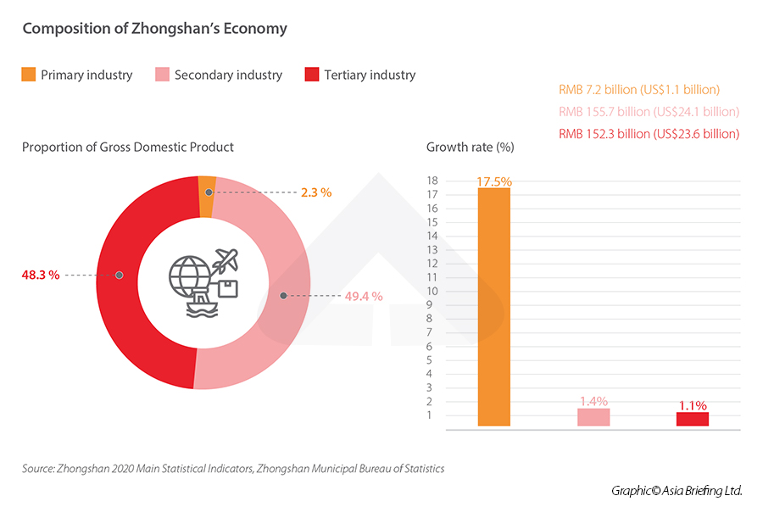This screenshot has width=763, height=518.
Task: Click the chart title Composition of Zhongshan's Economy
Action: (154, 29)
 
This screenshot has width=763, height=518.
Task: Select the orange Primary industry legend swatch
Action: (29, 75)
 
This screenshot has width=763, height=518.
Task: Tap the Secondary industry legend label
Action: (228, 75)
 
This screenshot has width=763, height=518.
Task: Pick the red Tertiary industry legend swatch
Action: (310, 75)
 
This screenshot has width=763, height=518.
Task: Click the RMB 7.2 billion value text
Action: (638, 90)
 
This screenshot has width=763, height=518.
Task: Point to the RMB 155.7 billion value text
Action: (649, 112)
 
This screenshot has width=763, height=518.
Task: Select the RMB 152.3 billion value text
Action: (649, 134)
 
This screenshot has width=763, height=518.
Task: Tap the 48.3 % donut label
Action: (41, 275)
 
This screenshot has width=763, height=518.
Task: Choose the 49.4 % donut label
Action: (365, 296)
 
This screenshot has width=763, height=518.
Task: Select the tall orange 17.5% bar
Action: (494, 305)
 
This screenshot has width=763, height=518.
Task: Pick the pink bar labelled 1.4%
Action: (593, 417)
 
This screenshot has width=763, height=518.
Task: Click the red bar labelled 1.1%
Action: (692, 419)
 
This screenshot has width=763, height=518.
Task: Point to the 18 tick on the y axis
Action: (432, 181)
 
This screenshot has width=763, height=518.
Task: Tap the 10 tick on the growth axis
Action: (432, 291)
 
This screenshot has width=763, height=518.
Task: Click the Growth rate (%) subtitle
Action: (470, 148)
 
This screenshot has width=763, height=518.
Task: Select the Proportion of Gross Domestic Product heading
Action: (127, 148)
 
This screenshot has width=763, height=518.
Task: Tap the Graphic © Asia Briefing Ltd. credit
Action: (677, 491)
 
